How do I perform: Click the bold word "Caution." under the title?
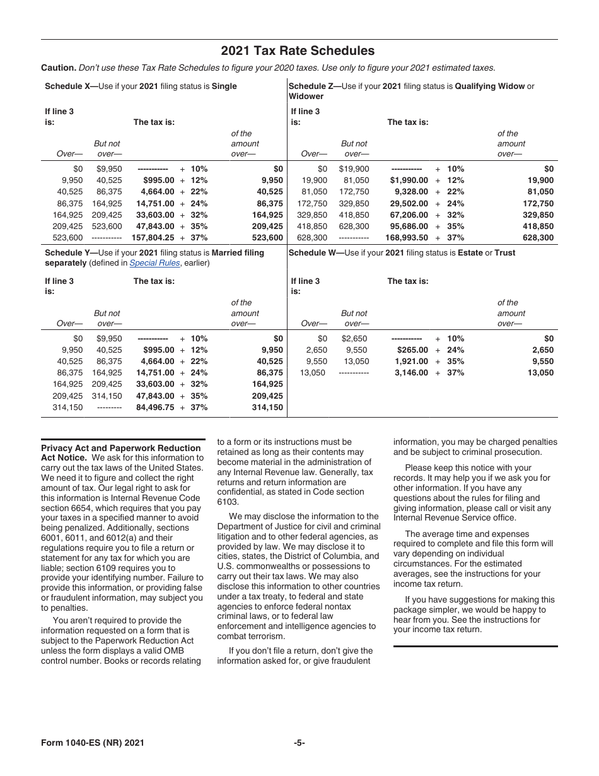[x=59, y=68]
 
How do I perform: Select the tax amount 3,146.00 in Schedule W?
[x=411, y=373]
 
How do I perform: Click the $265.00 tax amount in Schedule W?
[x=412, y=350]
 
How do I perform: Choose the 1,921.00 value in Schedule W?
[x=411, y=362]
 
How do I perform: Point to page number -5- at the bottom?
[x=299, y=743]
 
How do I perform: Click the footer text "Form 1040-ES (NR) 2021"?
[x=93, y=743]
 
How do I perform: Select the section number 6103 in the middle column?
[x=228, y=502]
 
